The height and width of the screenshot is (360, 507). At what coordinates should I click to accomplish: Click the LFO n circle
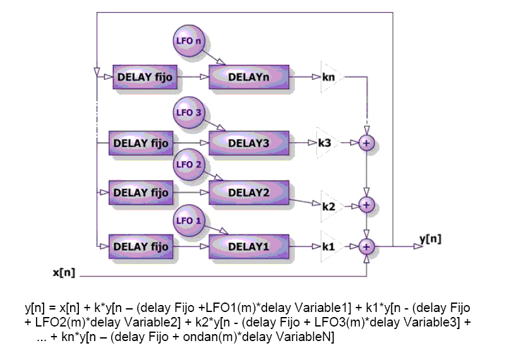point(189,43)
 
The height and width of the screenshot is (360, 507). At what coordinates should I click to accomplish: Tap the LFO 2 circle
point(189,165)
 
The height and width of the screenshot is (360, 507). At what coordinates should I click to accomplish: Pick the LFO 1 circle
point(189,222)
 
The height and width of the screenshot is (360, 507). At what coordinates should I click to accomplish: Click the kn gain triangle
point(330,77)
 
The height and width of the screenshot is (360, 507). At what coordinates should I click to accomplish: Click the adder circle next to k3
point(366,143)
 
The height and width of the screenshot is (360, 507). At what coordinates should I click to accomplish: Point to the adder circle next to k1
point(366,246)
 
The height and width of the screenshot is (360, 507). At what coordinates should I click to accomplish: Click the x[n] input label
point(64,273)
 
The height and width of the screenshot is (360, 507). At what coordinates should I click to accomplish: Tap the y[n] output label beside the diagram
point(431,238)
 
